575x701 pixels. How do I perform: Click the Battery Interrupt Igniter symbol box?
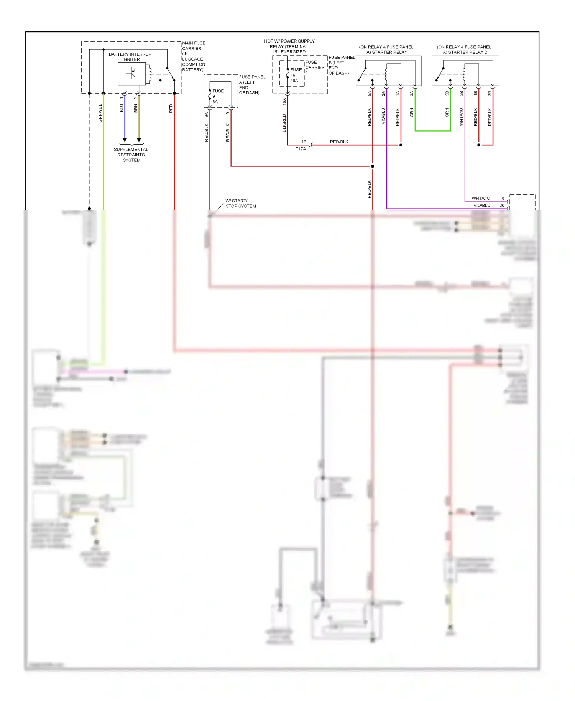click(x=131, y=73)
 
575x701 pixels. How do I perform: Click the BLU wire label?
click(x=122, y=108)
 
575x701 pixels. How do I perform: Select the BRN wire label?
click(x=136, y=108)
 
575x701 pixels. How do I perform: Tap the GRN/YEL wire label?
click(x=100, y=113)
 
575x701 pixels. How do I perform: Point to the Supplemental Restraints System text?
click(x=131, y=155)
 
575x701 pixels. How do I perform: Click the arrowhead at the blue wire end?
click(x=125, y=140)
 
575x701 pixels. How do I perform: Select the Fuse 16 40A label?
click(x=295, y=75)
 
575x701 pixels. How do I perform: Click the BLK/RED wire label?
click(x=284, y=123)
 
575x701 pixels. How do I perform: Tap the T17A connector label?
click(x=301, y=149)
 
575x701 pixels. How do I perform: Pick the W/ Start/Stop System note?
click(x=240, y=203)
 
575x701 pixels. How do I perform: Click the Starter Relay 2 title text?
click(x=464, y=49)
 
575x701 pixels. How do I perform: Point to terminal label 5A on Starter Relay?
click(x=369, y=93)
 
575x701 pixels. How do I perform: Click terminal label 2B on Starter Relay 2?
click(x=461, y=93)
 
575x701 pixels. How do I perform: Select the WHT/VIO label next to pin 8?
click(x=481, y=198)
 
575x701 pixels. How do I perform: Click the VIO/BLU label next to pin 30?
click(x=481, y=205)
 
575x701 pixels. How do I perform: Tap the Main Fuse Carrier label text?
click(x=194, y=56)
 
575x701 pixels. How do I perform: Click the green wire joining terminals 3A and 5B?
click(x=432, y=131)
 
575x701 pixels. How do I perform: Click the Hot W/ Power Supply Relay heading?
click(x=289, y=46)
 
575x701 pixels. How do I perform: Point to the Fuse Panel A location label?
click(x=251, y=84)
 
